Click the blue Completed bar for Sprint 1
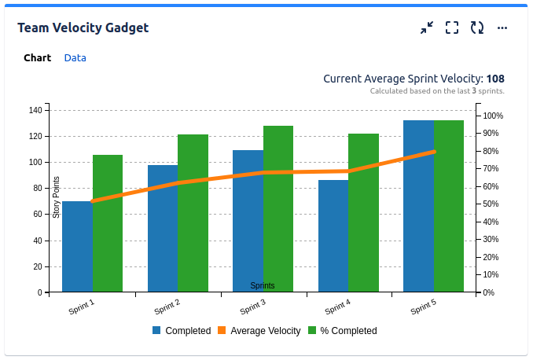77,247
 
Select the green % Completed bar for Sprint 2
193,213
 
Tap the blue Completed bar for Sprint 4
333,236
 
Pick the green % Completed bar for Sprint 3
278,209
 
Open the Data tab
75,58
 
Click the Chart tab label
37,58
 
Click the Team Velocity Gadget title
83,28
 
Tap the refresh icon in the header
477,28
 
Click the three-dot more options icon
502,28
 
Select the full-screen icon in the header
452,28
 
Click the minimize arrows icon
427,28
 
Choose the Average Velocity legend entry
259,331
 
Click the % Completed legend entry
342,331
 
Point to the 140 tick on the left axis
35,110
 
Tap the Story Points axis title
57,197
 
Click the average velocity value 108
495,79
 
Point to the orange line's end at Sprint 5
434,151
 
